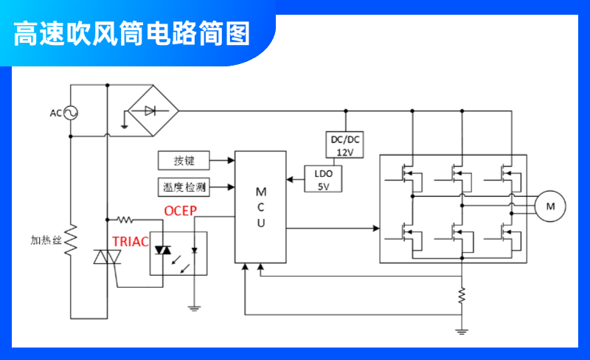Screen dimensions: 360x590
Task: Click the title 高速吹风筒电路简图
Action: [x=133, y=33]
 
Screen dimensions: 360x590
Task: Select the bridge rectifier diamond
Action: [x=150, y=111]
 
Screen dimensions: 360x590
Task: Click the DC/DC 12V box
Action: [x=345, y=145]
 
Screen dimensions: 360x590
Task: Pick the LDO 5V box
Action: [x=324, y=179]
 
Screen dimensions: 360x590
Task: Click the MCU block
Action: [x=260, y=207]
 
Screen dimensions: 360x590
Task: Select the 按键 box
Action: [x=184, y=160]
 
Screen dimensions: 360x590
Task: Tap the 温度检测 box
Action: [x=184, y=187]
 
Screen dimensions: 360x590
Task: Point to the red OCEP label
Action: [x=180, y=211]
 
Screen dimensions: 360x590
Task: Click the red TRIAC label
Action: [x=131, y=241]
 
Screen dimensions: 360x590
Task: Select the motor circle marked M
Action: [x=549, y=207]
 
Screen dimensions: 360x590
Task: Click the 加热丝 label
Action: [x=46, y=240]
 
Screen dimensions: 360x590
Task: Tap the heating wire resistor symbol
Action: [x=72, y=240]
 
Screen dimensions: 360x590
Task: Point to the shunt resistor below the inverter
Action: [x=462, y=296]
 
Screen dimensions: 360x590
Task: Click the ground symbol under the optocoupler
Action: [x=194, y=308]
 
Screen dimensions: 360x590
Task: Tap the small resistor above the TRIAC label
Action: [x=125, y=219]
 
